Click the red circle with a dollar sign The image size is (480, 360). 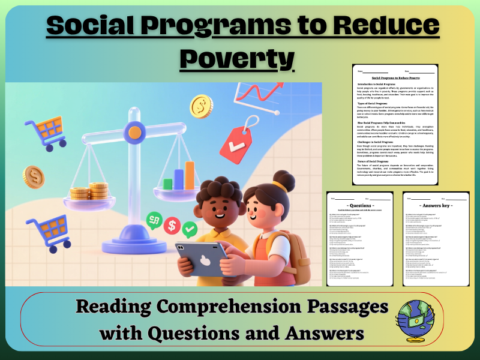pos(172,226)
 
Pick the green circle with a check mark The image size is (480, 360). pos(190,228)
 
